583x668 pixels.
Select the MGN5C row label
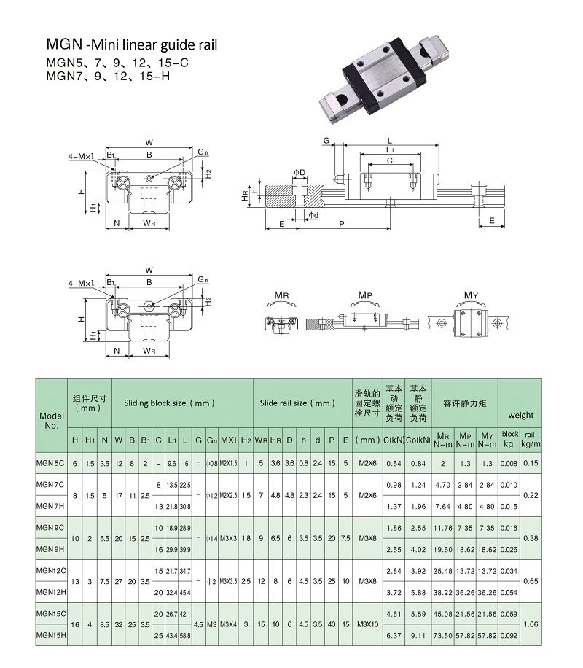click(x=52, y=463)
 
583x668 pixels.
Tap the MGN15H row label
click(x=52, y=635)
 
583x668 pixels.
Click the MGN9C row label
click(x=52, y=526)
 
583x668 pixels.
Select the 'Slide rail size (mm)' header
click(x=298, y=403)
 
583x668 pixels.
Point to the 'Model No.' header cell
click(x=52, y=420)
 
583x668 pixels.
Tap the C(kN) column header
click(x=394, y=440)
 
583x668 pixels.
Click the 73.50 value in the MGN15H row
click(x=442, y=635)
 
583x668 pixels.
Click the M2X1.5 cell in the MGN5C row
click(x=228, y=463)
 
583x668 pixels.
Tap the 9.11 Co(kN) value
click(x=418, y=635)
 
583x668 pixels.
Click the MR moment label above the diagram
click(x=281, y=296)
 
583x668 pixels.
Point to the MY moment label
click(x=472, y=296)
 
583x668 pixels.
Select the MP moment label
click(x=365, y=296)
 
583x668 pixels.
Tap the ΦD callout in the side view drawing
click(x=300, y=171)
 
